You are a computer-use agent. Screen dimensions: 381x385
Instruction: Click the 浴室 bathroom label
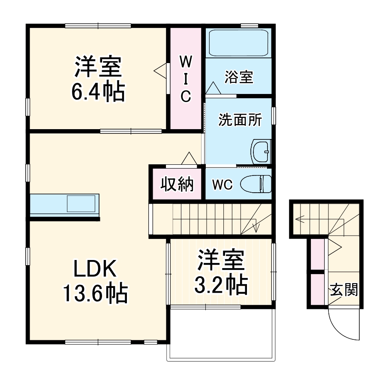tap(239, 77)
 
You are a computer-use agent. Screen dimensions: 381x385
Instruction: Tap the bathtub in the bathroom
tap(238, 43)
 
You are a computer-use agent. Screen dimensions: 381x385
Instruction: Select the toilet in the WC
tap(256, 184)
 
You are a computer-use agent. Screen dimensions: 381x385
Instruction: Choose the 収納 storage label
tap(177, 184)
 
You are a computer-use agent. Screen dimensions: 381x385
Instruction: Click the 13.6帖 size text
tap(95, 294)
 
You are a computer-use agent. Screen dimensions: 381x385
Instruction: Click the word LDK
tap(95, 269)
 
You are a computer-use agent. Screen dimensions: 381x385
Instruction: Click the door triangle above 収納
tap(189, 158)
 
